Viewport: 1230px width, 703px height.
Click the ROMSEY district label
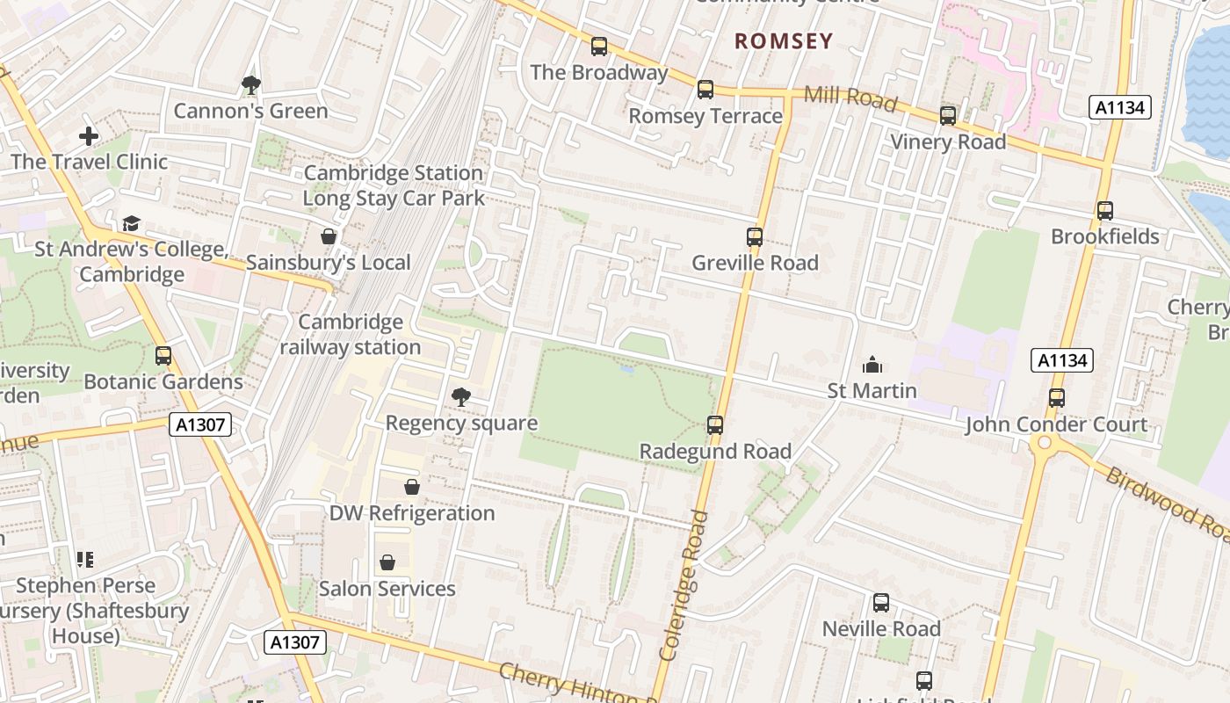[x=783, y=41]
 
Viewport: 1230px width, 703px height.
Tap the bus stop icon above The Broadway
[x=599, y=47]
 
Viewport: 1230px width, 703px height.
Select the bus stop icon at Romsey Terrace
[x=705, y=90]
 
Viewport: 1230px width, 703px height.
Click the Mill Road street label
[x=850, y=98]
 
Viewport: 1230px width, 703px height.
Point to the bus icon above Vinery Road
[x=948, y=116]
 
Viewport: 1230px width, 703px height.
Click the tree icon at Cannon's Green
[x=251, y=85]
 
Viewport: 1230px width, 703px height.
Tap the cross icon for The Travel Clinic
[x=89, y=136]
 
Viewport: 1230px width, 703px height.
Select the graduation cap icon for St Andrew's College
[x=131, y=224]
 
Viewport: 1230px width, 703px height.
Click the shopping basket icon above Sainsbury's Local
[x=329, y=236]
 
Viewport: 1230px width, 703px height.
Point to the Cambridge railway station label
[x=351, y=335]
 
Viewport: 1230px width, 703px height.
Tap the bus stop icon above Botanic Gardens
[x=163, y=356]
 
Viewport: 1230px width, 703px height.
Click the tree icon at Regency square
[x=460, y=397]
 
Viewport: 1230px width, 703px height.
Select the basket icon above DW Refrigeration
[x=412, y=487]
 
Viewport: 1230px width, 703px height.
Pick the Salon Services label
[x=387, y=589]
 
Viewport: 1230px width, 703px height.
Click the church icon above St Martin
[x=872, y=365]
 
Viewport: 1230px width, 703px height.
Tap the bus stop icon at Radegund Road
[x=715, y=425]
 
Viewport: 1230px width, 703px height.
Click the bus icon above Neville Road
[x=881, y=603]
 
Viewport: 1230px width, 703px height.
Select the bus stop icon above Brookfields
[x=1105, y=211]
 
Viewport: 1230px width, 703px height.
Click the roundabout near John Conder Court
[x=1044, y=443]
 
